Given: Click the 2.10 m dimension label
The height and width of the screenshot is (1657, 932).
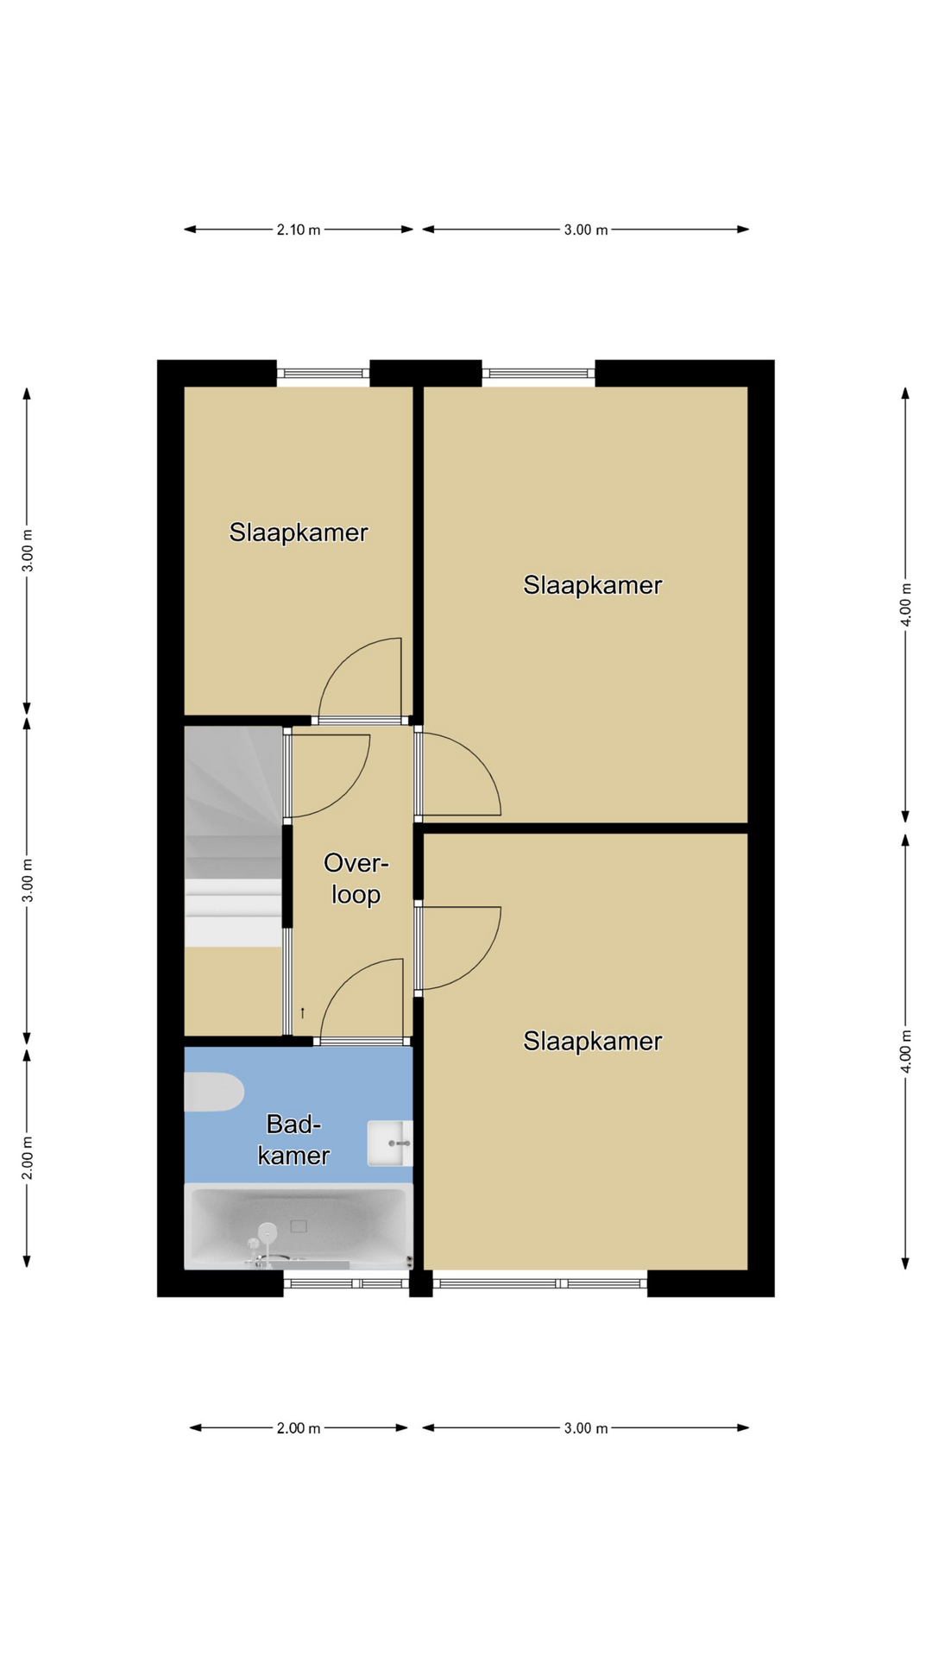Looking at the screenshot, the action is [x=299, y=230].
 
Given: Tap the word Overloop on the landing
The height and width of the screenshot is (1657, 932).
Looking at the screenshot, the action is [x=356, y=879].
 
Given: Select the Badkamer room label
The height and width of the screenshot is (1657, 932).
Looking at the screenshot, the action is [x=294, y=1139].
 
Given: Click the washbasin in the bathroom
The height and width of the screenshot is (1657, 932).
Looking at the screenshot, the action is [x=390, y=1143].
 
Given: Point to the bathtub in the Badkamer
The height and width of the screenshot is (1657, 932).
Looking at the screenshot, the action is [x=299, y=1226].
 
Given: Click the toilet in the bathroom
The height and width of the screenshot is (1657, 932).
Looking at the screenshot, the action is [x=214, y=1092].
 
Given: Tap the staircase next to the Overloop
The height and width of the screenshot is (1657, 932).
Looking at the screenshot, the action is [x=234, y=836].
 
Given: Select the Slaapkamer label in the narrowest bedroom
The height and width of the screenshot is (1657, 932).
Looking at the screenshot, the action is [x=299, y=532].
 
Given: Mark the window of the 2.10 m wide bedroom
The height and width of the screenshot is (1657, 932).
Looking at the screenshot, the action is [x=324, y=374].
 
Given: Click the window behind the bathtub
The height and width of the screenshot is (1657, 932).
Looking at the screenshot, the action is [x=346, y=1283].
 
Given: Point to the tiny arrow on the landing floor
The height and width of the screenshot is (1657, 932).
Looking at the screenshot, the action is [x=302, y=1012].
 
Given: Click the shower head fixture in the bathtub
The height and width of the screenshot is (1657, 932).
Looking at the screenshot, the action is [x=268, y=1231].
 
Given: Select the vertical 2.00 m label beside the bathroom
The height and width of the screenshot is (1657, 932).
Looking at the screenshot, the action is [x=28, y=1157].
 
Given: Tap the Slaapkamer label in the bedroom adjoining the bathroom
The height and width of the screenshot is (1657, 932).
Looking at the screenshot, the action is [x=593, y=1042].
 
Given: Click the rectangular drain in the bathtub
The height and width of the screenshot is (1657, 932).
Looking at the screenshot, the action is [x=299, y=1225].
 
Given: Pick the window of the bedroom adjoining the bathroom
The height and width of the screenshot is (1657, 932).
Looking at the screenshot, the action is [x=540, y=1283].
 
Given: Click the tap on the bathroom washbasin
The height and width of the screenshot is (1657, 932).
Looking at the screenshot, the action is [x=400, y=1143].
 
